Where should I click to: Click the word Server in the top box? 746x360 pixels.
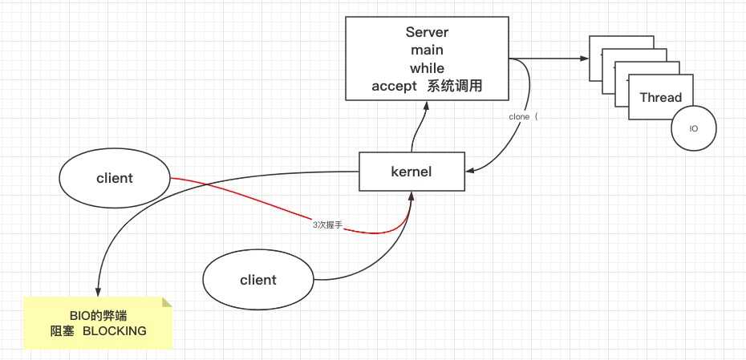point(427,33)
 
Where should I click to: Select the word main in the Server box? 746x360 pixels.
point(427,51)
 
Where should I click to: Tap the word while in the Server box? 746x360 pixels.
point(427,68)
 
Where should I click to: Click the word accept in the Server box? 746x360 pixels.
point(394,86)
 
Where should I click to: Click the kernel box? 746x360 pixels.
point(411,172)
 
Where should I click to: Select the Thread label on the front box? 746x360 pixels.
point(660,98)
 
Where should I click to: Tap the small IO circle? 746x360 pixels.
point(693,128)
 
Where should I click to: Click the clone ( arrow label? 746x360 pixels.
point(525,116)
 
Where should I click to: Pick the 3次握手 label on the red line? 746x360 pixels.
point(327,225)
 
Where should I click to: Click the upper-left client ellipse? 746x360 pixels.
point(114,178)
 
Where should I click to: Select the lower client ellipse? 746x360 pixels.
point(257,280)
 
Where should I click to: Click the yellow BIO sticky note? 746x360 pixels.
point(97,322)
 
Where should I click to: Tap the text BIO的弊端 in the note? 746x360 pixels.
point(97,314)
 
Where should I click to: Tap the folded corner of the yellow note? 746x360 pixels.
point(167,302)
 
